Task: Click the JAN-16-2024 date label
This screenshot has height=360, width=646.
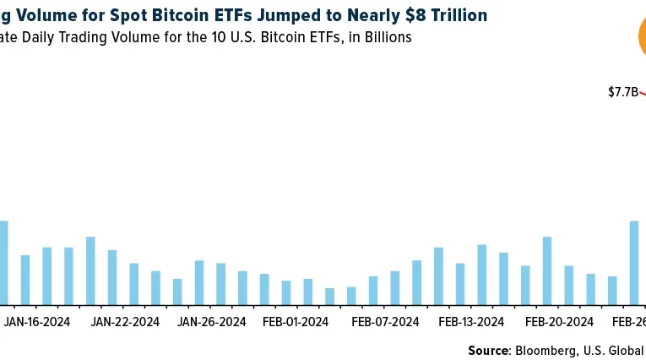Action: click(x=37, y=322)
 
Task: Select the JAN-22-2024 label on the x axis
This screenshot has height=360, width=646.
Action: click(x=125, y=322)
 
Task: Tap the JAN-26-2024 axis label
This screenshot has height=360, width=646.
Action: click(x=212, y=322)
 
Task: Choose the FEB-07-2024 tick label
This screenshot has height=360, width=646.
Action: click(x=386, y=322)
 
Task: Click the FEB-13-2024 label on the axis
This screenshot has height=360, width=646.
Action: click(x=473, y=322)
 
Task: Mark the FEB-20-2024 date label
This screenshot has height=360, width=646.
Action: click(x=559, y=322)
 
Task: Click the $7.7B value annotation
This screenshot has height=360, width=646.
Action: click(x=622, y=92)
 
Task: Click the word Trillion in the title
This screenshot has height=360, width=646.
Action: click(x=460, y=15)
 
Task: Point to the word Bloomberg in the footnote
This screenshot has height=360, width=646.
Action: click(x=546, y=350)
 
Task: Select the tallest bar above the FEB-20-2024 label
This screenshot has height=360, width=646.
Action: click(x=547, y=270)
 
